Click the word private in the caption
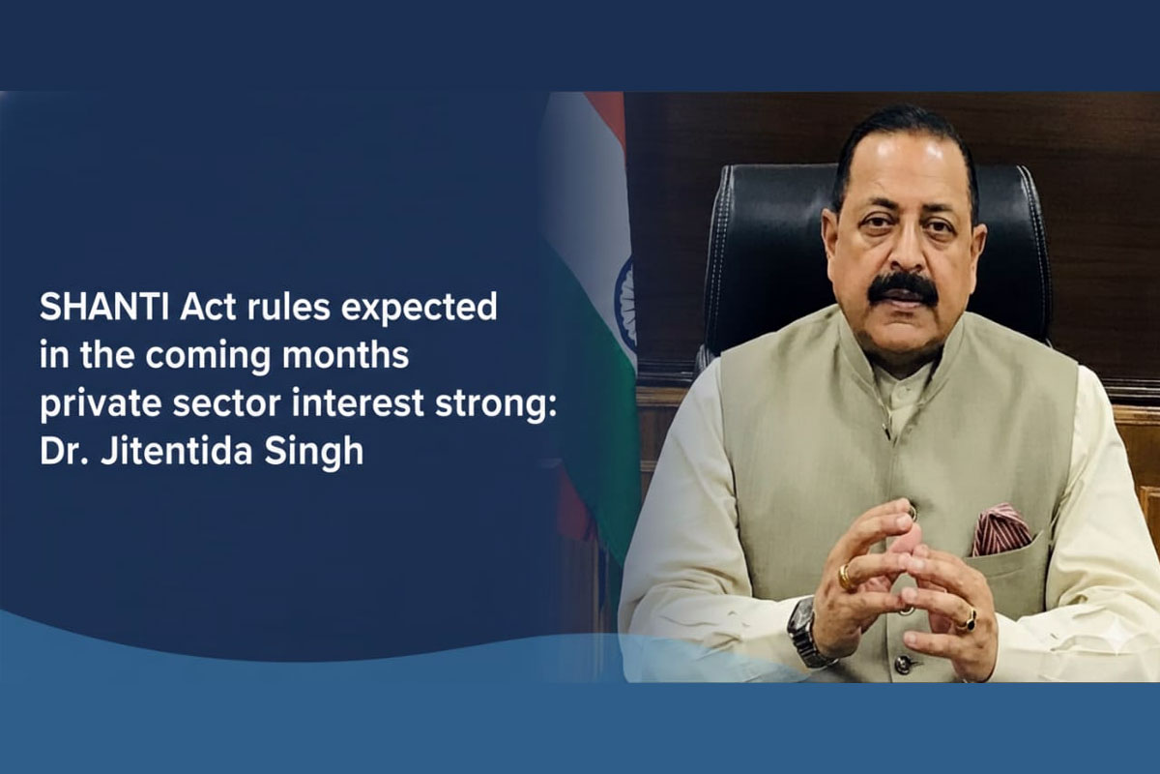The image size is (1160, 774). tap(101, 404)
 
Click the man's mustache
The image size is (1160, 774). tap(903, 288)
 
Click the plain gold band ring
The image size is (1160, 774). tap(845, 576)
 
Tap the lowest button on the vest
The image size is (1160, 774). tap(904, 663)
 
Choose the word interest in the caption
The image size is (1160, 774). tap(358, 404)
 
